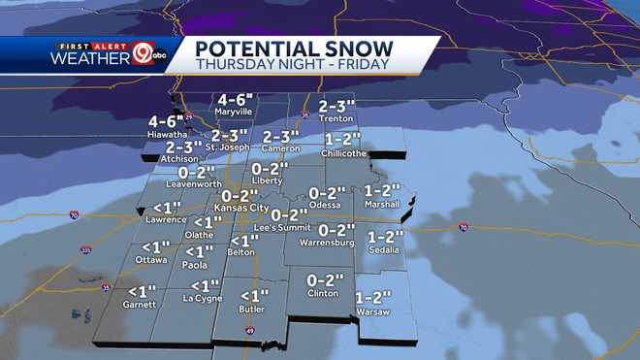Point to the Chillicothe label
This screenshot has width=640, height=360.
344,153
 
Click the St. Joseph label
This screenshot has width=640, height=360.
230,147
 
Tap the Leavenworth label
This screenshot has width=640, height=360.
194,182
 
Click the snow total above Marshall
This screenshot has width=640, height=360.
382,191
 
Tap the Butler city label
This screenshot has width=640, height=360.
252,309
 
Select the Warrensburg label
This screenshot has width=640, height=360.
327,242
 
